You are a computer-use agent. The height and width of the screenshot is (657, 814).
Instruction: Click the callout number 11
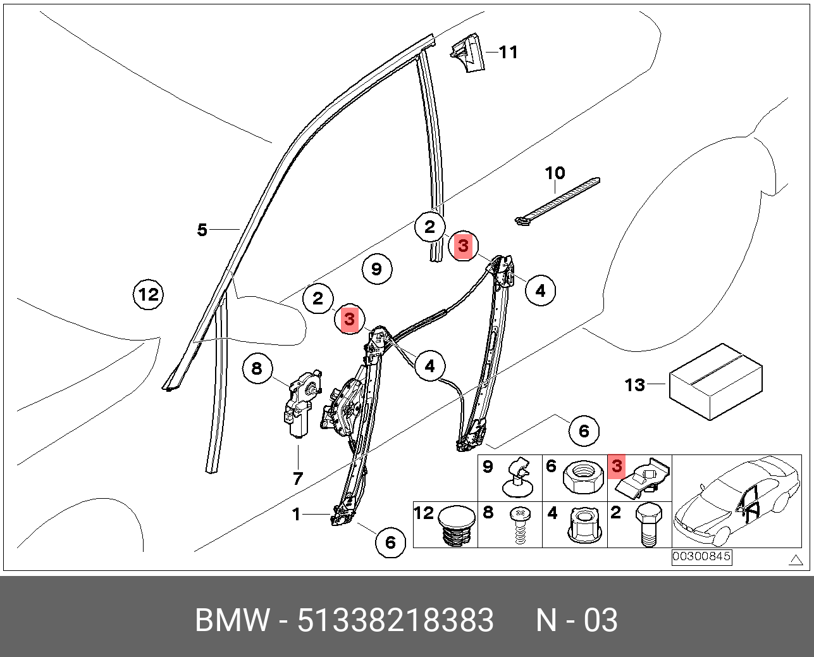[509, 53]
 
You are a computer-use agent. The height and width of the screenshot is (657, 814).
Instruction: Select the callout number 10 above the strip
[555, 173]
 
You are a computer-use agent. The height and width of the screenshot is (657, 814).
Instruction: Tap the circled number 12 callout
[148, 294]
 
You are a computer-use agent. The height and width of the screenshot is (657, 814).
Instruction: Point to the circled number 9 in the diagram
[377, 269]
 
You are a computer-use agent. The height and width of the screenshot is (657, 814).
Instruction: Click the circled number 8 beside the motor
[257, 368]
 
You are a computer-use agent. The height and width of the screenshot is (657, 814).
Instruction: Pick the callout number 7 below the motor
[298, 479]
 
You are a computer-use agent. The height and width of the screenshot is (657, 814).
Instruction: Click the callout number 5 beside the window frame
[202, 230]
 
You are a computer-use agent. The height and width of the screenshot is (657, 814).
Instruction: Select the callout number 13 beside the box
[635, 385]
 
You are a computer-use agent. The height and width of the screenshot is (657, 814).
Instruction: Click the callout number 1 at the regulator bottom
[296, 515]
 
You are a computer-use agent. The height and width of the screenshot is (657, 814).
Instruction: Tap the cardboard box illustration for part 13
[716, 382]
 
